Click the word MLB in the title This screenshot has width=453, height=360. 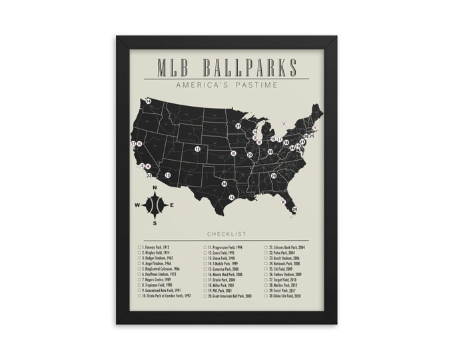pos(175,68)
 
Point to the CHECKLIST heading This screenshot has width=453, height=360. pos(226,234)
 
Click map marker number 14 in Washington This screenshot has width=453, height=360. pos(149,101)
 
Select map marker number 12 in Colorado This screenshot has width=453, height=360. pos(198,149)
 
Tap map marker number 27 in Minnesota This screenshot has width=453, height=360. pos(238,125)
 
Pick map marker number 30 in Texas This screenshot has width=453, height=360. pos(225,184)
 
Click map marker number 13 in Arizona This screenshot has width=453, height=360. pos(168,175)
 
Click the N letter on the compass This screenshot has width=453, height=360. pos(155,189)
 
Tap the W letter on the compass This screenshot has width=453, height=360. pos(138,205)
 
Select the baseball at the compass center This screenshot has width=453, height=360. pos(155,205)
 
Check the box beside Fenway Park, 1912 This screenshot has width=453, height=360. pos(140,248)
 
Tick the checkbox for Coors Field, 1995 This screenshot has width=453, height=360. pos(205,254)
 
